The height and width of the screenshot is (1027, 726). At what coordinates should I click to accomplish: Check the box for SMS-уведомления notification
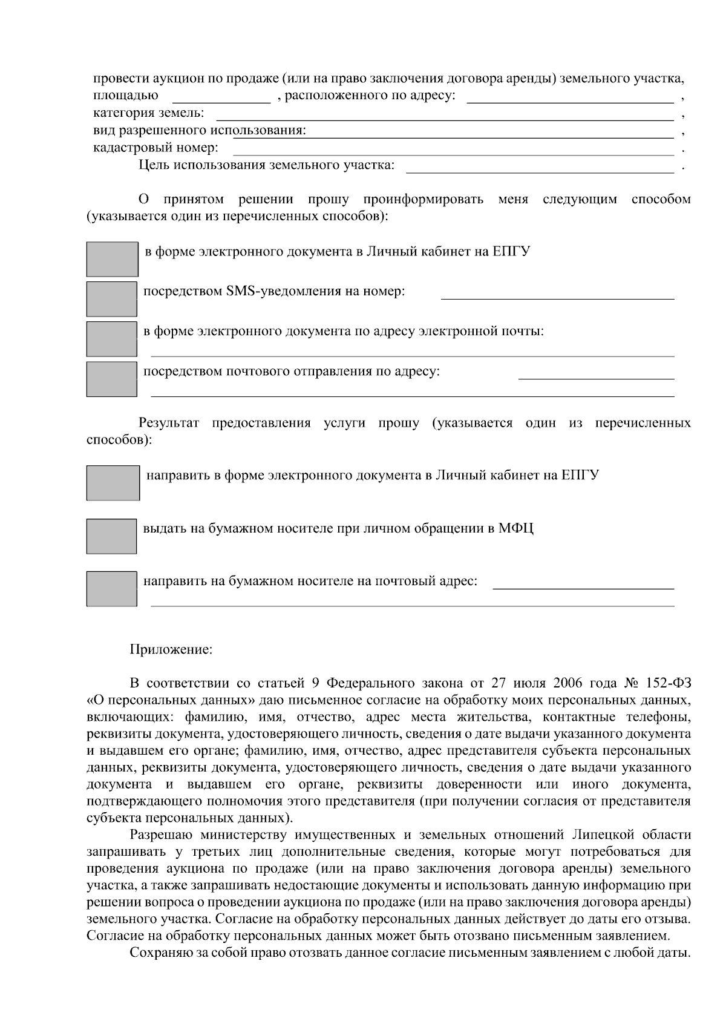click(111, 299)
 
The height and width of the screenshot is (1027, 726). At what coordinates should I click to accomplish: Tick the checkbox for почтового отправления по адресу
click(111, 379)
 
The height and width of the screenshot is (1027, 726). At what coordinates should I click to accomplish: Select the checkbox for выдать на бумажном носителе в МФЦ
click(111, 536)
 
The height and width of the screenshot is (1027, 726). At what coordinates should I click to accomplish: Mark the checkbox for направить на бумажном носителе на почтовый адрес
click(111, 588)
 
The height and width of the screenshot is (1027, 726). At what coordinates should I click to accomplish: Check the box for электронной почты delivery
click(111, 339)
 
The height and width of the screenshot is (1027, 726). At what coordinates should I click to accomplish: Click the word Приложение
click(171, 650)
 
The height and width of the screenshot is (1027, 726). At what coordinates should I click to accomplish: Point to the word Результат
click(169, 423)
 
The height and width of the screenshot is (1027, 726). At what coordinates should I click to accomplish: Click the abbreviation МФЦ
click(516, 528)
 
